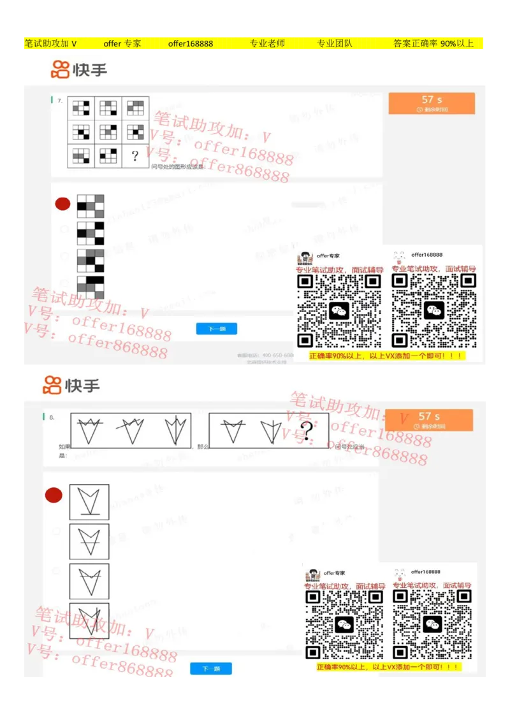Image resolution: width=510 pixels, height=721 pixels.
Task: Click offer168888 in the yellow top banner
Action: (x=191, y=44)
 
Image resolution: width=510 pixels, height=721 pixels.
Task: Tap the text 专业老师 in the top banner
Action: (x=267, y=44)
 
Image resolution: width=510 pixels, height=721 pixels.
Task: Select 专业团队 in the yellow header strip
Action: (x=335, y=44)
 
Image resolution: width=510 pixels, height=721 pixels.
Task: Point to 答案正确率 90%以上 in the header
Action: (x=433, y=44)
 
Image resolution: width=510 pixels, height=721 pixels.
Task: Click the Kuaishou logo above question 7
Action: (x=79, y=69)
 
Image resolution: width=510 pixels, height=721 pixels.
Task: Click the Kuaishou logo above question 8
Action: (x=71, y=385)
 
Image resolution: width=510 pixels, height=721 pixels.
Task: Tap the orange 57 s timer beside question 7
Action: (x=432, y=103)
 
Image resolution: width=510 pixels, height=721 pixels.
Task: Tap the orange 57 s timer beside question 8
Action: (x=428, y=420)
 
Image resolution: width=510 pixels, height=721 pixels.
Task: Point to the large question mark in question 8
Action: (x=307, y=431)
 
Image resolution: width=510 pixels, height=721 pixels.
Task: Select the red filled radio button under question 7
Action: (x=62, y=204)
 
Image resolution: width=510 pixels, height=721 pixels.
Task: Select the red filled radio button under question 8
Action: (x=54, y=495)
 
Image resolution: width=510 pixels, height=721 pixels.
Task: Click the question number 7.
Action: (x=59, y=101)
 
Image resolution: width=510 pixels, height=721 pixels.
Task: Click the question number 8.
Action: (x=52, y=418)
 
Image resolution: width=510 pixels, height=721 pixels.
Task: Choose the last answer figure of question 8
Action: (x=89, y=620)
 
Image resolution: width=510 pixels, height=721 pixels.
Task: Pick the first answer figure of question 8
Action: (x=89, y=502)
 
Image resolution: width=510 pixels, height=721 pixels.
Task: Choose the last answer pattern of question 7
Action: (x=91, y=287)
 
